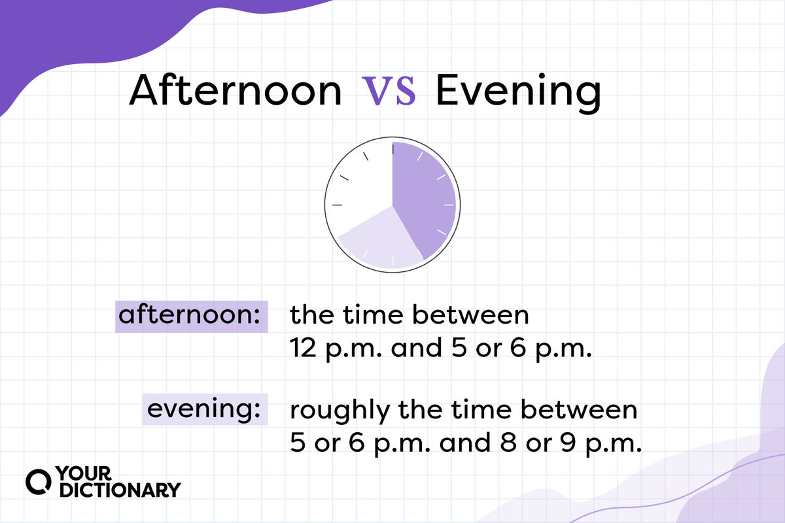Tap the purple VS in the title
[x=389, y=92]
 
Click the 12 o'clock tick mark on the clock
[x=392, y=148]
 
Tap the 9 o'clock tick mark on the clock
[x=338, y=205]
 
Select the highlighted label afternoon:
[x=189, y=316]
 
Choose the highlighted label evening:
[x=203, y=410]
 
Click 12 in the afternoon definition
[x=304, y=349]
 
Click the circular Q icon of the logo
[x=38, y=481]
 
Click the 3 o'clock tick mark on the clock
[x=449, y=205]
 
